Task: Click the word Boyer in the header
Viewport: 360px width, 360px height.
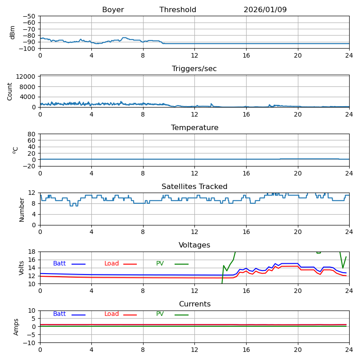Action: click(x=113, y=10)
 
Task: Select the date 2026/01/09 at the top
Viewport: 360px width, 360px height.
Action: click(x=265, y=10)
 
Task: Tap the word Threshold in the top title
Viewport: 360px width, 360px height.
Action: click(x=178, y=10)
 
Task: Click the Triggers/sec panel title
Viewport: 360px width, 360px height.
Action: click(x=194, y=69)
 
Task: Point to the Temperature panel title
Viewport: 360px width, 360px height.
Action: click(x=194, y=128)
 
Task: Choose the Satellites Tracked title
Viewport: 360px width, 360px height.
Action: click(x=194, y=187)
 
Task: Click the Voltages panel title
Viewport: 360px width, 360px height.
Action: click(x=194, y=245)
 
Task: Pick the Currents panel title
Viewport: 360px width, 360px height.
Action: click(x=194, y=304)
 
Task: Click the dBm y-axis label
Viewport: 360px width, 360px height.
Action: click(x=13, y=32)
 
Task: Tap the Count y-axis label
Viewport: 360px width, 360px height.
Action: click(x=10, y=91)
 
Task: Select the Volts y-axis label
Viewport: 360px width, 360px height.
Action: click(x=22, y=268)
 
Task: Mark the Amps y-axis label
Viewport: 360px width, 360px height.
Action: click(x=16, y=327)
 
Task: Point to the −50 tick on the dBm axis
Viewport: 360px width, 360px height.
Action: click(x=30, y=16)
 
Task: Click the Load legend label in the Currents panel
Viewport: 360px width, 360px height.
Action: click(x=112, y=314)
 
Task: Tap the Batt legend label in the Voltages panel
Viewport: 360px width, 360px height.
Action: click(x=59, y=264)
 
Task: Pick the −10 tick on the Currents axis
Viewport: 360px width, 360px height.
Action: click(x=30, y=343)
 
